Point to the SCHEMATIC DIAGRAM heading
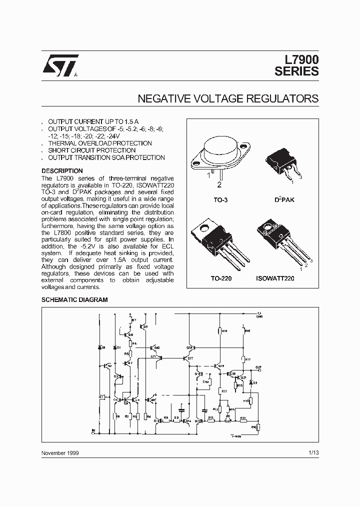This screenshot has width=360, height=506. tap(74, 300)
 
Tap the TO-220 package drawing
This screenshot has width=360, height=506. tap(216, 242)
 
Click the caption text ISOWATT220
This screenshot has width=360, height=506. tap(275, 277)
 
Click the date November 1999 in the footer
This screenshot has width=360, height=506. tap(60, 452)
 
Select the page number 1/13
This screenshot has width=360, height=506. tap(313, 452)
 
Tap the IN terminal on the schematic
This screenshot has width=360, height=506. tap(92, 430)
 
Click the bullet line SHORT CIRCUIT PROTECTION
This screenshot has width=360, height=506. tap(91, 150)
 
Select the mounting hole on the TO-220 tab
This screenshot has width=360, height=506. tap(204, 229)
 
